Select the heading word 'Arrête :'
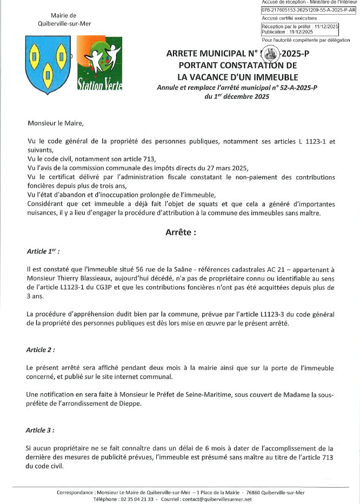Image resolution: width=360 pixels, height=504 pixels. point(180,233)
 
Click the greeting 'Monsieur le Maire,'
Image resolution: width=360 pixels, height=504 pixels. point(56,123)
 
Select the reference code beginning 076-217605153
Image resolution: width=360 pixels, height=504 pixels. point(308,10)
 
